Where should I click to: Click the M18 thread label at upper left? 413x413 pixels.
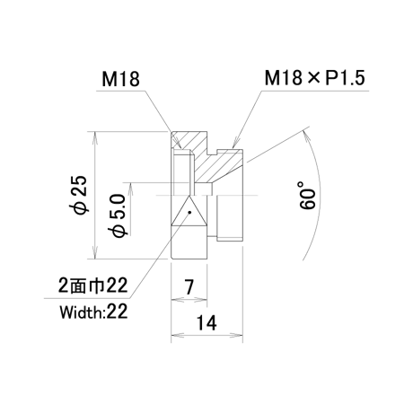point(120,80)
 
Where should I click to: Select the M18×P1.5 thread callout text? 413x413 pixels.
point(315,78)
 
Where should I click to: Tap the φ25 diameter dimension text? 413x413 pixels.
point(81,195)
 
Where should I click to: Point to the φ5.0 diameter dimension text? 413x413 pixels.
point(118,215)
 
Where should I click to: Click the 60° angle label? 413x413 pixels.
point(308,195)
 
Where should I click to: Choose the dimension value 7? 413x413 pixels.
point(189,286)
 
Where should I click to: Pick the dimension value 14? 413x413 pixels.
point(206,323)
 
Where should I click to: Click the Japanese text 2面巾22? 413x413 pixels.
point(93,286)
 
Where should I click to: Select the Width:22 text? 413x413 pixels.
point(93,312)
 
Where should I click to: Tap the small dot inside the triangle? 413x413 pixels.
point(189,212)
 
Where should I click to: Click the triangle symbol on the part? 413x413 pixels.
point(189,210)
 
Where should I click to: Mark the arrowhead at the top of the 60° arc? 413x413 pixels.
point(305,136)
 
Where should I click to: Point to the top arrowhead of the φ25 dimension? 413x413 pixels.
point(95,137)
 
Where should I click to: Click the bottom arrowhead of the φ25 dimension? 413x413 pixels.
point(95,253)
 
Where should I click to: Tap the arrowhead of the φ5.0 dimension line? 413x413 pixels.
point(130,188)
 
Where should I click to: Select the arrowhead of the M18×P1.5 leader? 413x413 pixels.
point(236,143)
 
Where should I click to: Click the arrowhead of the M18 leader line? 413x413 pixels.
point(178,143)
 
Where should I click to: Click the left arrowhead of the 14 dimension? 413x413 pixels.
point(177,335)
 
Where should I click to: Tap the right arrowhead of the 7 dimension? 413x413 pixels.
point(201,299)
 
